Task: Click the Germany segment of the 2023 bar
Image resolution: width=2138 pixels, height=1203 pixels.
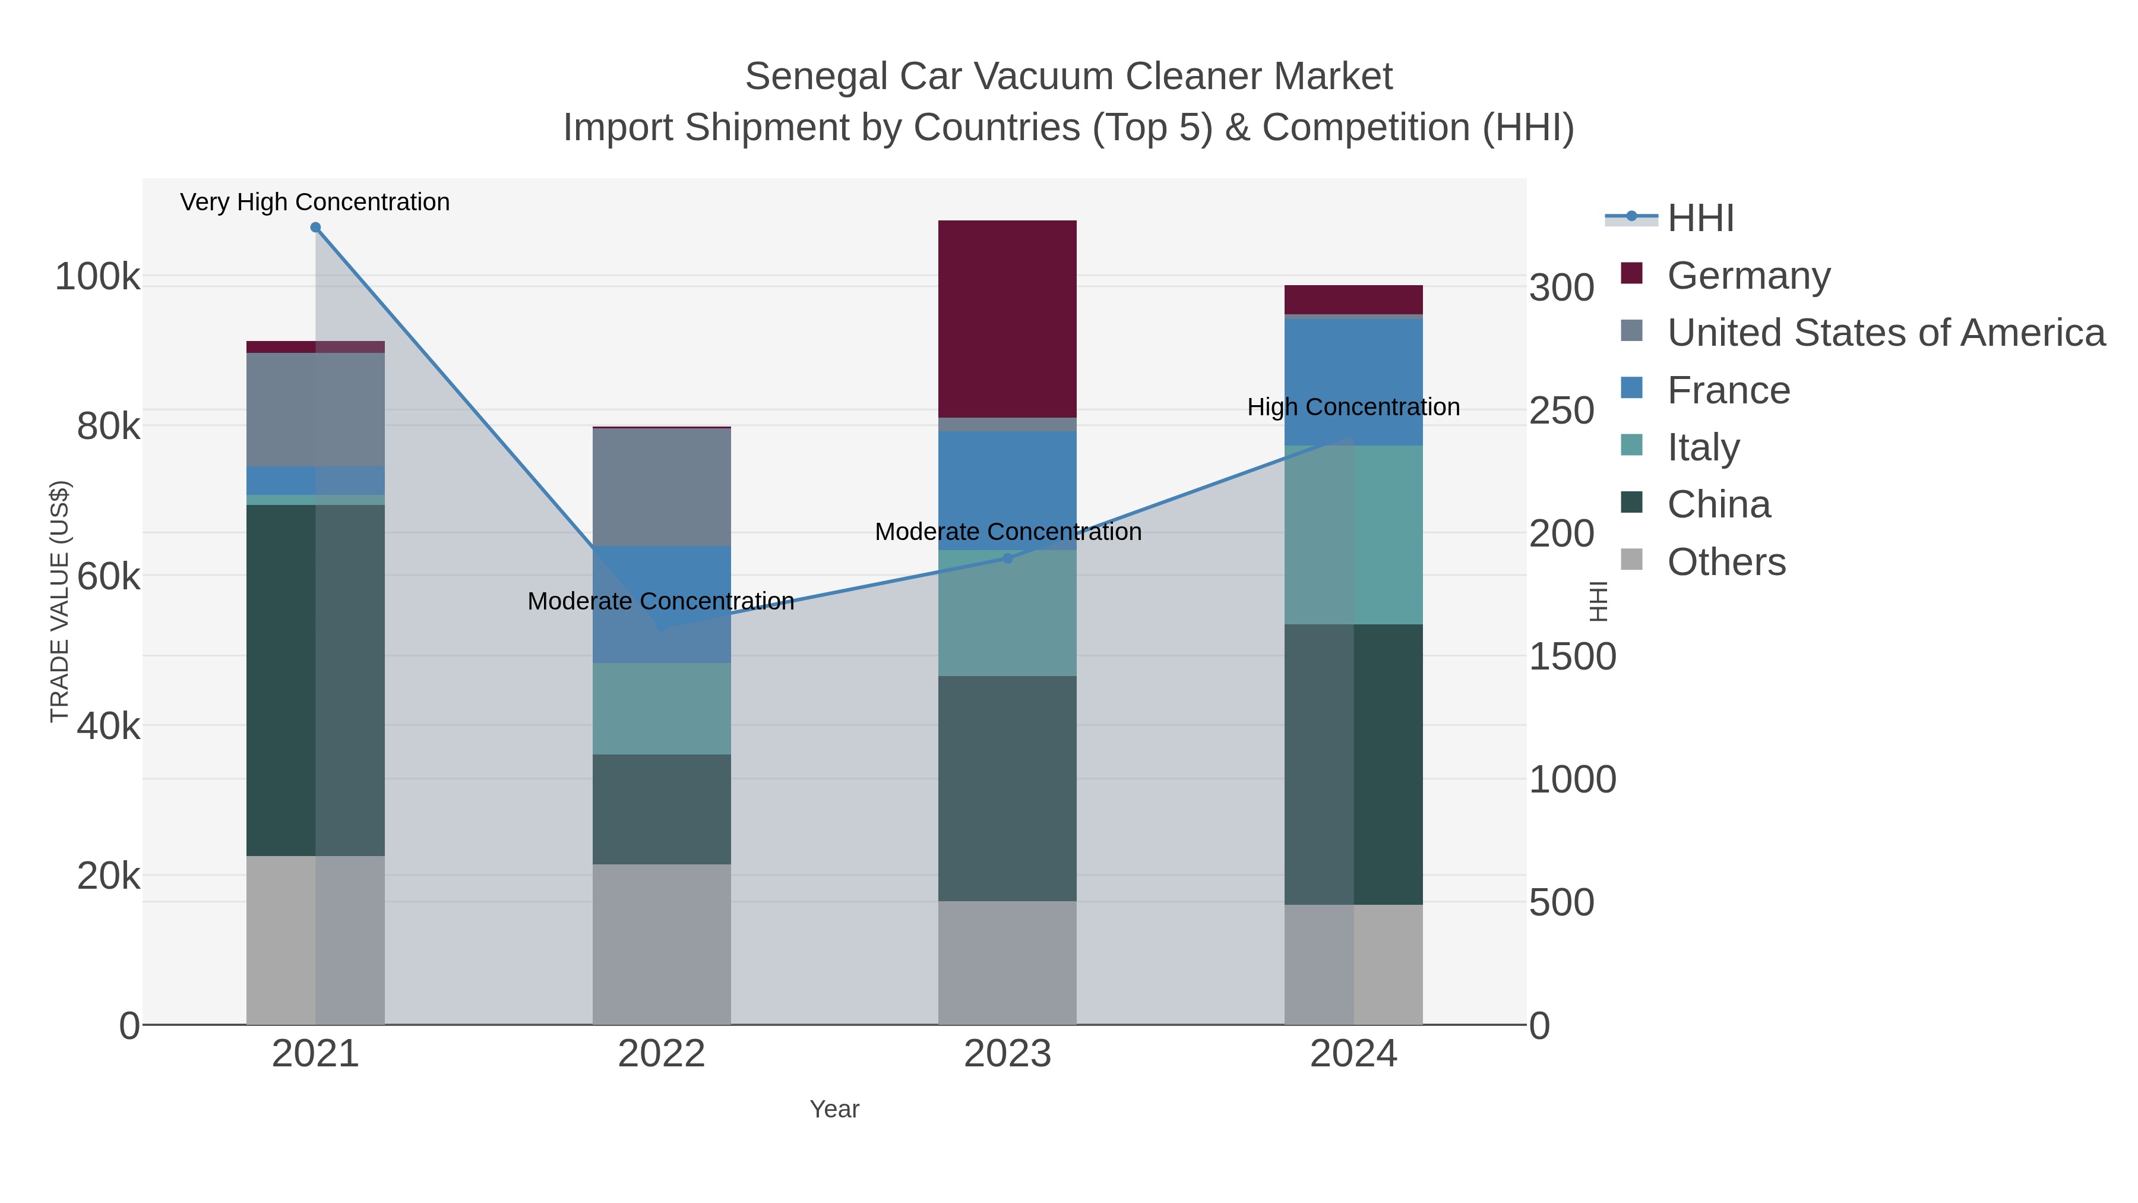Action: tap(1007, 319)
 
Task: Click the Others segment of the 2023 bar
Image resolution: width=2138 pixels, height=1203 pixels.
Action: tap(1007, 962)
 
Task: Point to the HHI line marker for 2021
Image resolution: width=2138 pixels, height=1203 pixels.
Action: tap(315, 228)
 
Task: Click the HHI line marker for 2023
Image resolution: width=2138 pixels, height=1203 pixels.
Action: tap(1008, 559)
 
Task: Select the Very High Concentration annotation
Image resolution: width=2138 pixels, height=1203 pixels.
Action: tap(315, 202)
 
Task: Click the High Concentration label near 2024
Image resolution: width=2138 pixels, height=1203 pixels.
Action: tap(1353, 407)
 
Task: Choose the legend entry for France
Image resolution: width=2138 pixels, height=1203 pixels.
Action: tap(1728, 390)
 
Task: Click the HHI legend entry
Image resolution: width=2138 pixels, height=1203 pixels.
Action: tap(1700, 219)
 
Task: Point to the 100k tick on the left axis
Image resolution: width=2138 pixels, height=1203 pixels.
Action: tap(98, 276)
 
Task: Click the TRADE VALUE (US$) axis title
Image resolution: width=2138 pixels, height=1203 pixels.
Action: tap(60, 601)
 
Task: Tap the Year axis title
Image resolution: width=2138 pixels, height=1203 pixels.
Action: tap(834, 1109)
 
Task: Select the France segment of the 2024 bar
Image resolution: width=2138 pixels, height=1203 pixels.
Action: tap(1353, 382)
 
